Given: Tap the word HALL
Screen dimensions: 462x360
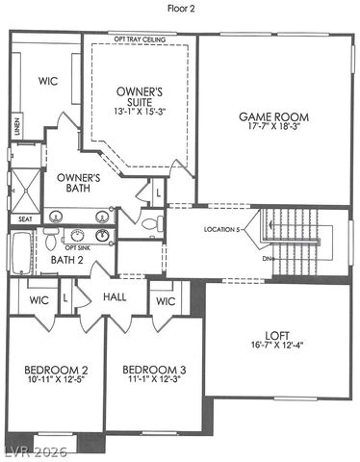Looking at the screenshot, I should click(x=116, y=298).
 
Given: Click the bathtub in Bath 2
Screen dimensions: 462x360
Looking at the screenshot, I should click(x=23, y=252).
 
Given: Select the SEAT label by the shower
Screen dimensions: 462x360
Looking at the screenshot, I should click(x=25, y=218).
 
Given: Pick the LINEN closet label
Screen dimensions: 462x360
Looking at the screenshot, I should click(x=16, y=126).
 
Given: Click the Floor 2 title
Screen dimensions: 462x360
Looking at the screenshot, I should click(x=180, y=7).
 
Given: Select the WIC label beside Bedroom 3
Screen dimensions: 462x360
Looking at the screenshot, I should click(x=165, y=301).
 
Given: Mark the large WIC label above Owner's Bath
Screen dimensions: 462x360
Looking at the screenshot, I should click(x=49, y=83).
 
